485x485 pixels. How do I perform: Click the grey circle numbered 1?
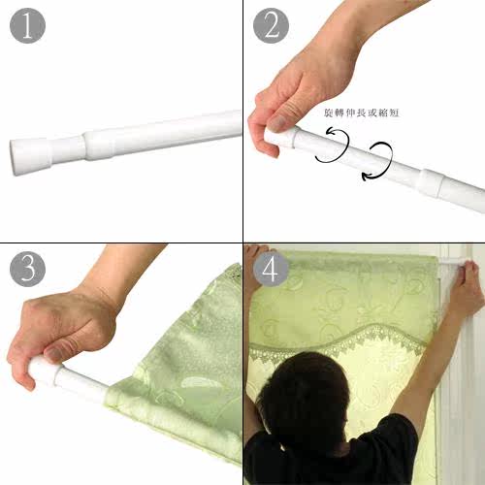click(27, 26)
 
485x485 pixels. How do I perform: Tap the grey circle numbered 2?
click(271, 26)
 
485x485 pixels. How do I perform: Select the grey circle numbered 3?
click(27, 269)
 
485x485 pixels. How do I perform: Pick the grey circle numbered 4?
click(271, 269)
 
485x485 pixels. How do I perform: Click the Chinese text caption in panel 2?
click(361, 113)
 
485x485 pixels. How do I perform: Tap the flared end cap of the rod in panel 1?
click(31, 156)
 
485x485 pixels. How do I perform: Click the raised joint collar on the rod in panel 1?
click(99, 145)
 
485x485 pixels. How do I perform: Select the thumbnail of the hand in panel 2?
click(277, 123)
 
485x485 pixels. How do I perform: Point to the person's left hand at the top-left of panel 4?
click(255, 250)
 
